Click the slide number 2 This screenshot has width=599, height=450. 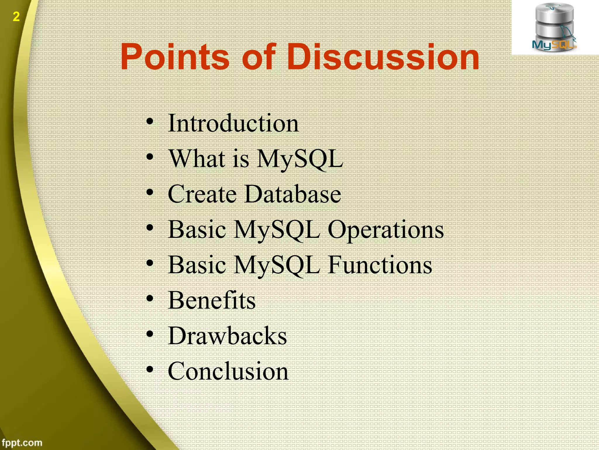(16, 17)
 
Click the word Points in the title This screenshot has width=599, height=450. (175, 57)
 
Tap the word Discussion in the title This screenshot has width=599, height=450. (383, 57)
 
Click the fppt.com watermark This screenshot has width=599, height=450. (22, 442)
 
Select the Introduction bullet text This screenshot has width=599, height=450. (233, 123)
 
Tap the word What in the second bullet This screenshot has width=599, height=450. (197, 158)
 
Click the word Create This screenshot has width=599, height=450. (202, 194)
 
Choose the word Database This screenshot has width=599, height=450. (293, 194)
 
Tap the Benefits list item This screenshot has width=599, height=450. (212, 300)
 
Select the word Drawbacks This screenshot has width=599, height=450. (227, 336)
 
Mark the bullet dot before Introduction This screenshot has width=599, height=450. (150, 122)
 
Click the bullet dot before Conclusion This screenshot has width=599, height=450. (150, 369)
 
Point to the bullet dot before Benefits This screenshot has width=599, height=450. (150, 299)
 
